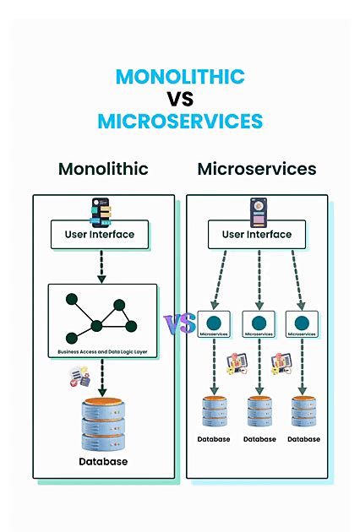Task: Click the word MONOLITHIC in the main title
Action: tap(180, 77)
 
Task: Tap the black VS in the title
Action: tap(180, 99)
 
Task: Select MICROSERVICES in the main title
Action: tap(180, 121)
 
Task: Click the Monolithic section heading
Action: tap(103, 169)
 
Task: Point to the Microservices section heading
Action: tap(257, 169)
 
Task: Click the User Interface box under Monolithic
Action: tap(100, 235)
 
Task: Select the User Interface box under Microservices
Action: tap(257, 235)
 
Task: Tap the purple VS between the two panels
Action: tap(179, 323)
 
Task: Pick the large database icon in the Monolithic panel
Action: tap(102, 424)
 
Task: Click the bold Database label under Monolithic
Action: tap(103, 462)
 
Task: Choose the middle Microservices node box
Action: tap(259, 325)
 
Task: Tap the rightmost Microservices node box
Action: tap(302, 325)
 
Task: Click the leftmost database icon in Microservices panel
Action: tap(214, 412)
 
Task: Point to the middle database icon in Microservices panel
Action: tap(259, 412)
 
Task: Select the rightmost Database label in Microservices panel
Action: tap(303, 439)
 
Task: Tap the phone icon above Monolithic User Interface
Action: tap(101, 209)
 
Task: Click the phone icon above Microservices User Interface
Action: tap(257, 209)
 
